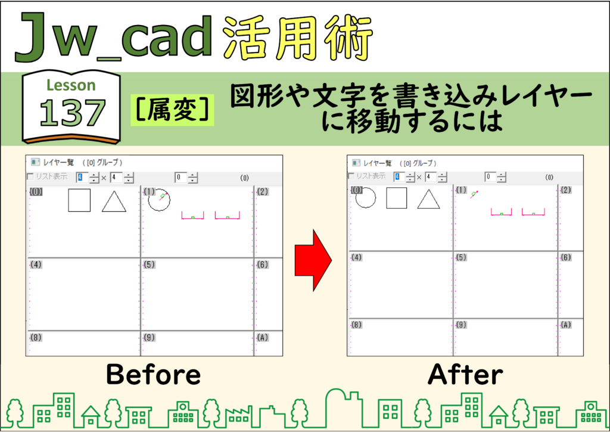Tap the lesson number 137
[x=72, y=113]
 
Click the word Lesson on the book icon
[x=71, y=85]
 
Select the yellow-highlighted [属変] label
[x=172, y=110]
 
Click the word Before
[x=153, y=374]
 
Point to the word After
[x=465, y=374]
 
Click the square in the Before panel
[x=79, y=200]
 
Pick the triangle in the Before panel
[x=114, y=202]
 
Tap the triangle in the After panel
[x=429, y=199]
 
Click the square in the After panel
[x=397, y=198]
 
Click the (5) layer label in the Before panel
[x=150, y=264]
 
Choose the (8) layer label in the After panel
[x=356, y=325]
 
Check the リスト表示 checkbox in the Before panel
[x=30, y=177]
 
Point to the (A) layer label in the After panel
[x=566, y=325]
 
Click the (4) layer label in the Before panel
[x=36, y=264]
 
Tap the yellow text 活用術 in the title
[x=298, y=38]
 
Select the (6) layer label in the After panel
[x=566, y=257]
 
